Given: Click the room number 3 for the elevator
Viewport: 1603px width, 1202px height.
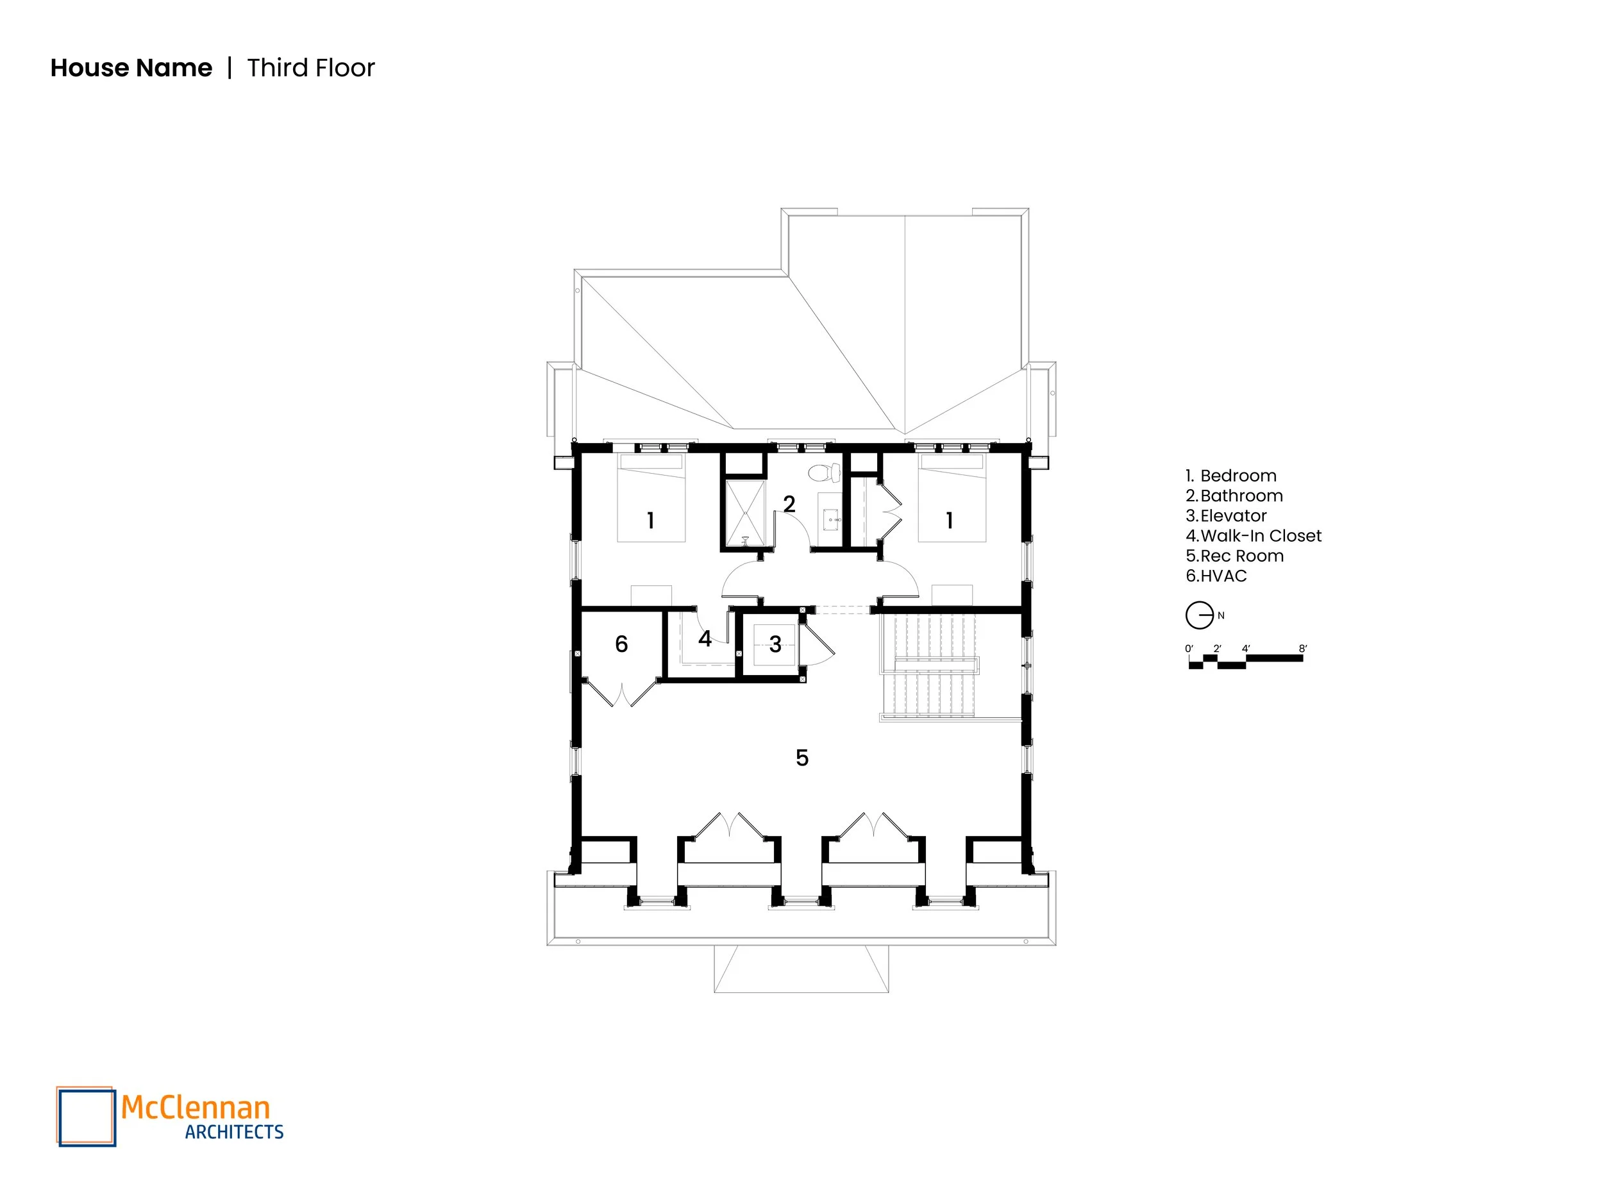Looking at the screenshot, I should coord(775,644).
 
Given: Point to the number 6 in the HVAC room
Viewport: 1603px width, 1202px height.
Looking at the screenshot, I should coord(621,644).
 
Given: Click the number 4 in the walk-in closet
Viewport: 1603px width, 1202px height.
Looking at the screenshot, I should coord(705,639).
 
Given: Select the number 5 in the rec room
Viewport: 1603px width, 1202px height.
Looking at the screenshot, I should coord(801,758).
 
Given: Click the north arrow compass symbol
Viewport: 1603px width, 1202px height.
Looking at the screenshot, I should coord(1199,616).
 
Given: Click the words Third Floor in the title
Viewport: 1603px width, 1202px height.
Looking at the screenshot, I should coord(311,68).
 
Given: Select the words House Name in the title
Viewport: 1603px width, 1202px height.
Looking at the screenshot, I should coord(131,68).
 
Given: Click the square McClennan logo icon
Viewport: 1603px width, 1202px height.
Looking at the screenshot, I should coord(86,1117).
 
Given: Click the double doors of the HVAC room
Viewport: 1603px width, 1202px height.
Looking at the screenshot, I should coord(622,692).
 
